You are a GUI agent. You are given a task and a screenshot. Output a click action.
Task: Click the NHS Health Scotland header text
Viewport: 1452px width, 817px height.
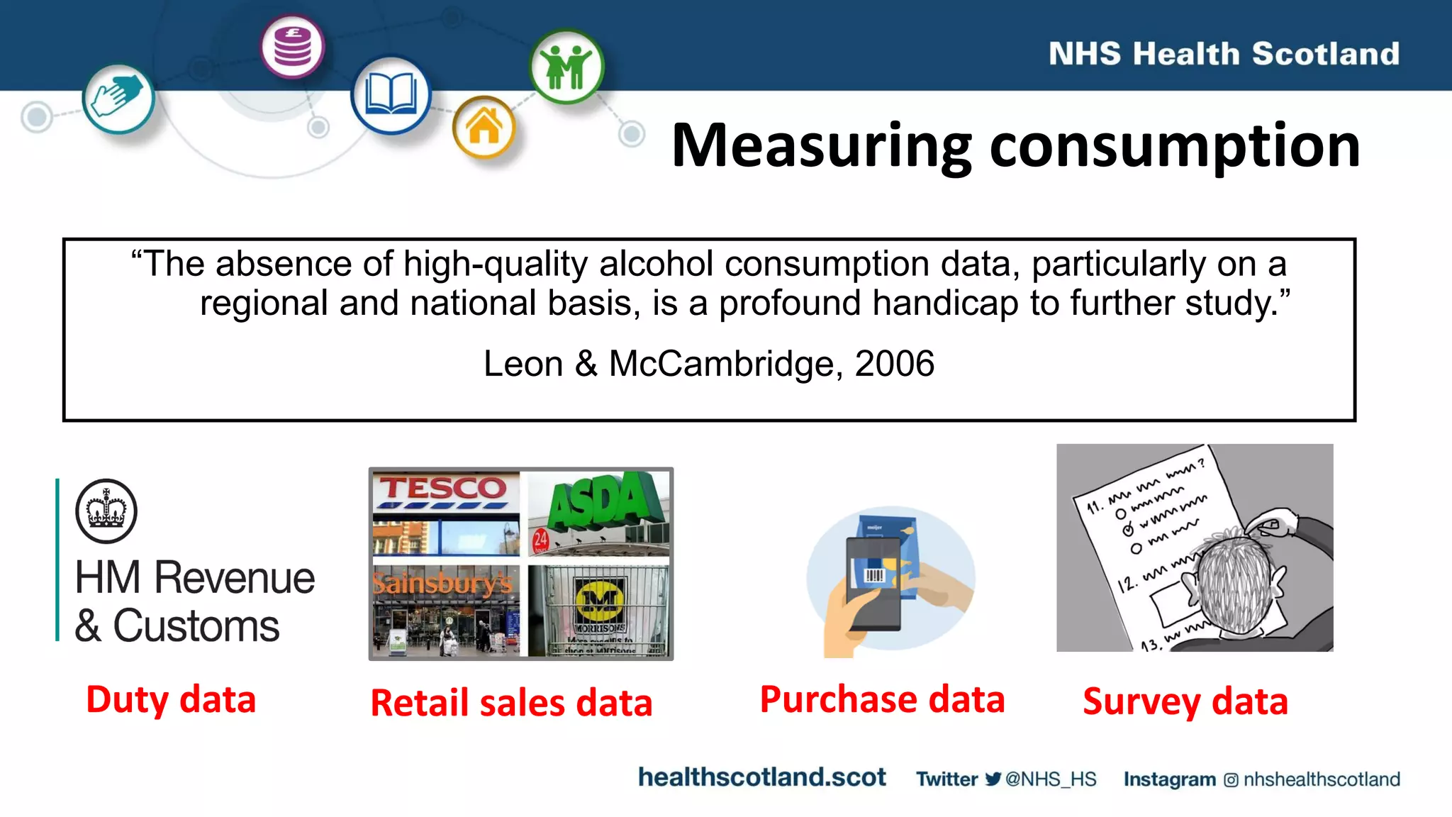1224,54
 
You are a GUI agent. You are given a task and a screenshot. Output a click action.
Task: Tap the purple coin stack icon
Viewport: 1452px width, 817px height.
292,47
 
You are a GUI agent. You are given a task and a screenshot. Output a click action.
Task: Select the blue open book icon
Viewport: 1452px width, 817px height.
390,95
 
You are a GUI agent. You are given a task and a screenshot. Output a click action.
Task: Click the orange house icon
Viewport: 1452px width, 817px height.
484,127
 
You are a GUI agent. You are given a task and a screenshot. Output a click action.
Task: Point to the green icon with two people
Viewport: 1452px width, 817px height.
566,66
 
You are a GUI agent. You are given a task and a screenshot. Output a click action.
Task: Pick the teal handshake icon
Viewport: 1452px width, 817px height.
118,97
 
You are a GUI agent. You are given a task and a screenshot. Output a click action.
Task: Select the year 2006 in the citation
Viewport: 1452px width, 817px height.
894,364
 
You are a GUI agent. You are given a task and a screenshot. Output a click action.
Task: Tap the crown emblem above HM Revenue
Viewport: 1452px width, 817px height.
106,511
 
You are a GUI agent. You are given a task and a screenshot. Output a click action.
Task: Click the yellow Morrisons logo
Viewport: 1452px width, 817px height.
600,600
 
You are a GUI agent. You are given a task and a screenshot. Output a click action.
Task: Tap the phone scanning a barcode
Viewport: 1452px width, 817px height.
874,582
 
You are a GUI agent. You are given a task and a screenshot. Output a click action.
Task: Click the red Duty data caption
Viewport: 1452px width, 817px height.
171,699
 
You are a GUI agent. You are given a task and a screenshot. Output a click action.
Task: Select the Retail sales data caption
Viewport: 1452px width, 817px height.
511,703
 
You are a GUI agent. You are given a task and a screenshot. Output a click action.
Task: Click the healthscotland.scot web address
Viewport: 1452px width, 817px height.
761,777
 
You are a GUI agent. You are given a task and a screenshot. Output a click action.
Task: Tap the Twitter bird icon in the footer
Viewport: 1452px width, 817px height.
993,779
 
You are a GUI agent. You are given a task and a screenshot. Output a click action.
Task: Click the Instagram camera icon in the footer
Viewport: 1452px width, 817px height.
1231,780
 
